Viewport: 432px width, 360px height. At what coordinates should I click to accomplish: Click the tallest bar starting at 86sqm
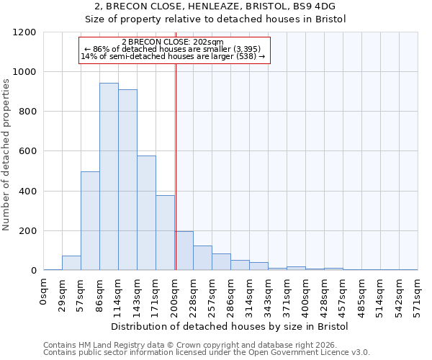click(109, 176)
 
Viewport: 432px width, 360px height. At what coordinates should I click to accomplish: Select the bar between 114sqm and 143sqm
click(127, 180)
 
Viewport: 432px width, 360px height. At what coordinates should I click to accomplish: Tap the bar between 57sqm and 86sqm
click(90, 220)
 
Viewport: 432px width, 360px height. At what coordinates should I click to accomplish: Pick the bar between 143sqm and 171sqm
click(146, 212)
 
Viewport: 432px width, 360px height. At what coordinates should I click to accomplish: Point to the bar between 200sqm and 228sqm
click(184, 251)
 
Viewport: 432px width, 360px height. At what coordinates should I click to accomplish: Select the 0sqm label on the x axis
click(44, 291)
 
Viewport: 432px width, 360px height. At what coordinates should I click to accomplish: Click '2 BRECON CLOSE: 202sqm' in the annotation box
click(173, 42)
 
